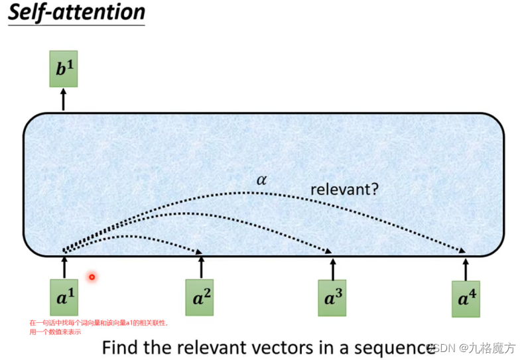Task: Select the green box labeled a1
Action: pyautogui.click(x=64, y=298)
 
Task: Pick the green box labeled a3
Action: pyautogui.click(x=332, y=298)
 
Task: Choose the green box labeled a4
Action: pyautogui.click(x=466, y=299)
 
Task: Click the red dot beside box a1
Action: pyautogui.click(x=92, y=277)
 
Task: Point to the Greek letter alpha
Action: pyautogui.click(x=261, y=180)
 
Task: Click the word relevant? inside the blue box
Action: pyautogui.click(x=345, y=190)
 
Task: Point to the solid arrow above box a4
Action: pyautogui.click(x=466, y=269)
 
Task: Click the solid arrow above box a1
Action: pyautogui.click(x=64, y=267)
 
